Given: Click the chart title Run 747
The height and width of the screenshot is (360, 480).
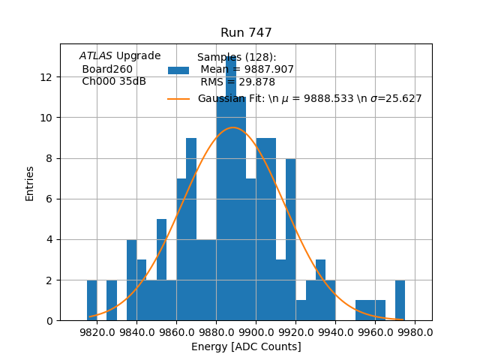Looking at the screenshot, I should coord(246,33).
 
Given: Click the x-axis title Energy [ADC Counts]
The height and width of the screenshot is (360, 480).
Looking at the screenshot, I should coord(246,346).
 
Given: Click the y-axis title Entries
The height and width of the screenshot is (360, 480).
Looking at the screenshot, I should coord(30,183).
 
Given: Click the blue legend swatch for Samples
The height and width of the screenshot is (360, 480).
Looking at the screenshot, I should coord(178,70).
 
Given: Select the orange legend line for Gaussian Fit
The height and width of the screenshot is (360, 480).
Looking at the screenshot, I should coord(178,98).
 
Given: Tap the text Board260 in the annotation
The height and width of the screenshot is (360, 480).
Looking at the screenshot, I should coord(107,69).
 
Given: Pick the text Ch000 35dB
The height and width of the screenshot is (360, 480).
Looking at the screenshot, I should coord(114,82).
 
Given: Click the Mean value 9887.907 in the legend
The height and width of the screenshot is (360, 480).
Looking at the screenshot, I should coord(267,70).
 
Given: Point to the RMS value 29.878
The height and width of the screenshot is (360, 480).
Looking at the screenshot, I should coord(256,82).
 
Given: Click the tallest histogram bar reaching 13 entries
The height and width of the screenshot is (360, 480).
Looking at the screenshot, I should coord(231,187).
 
